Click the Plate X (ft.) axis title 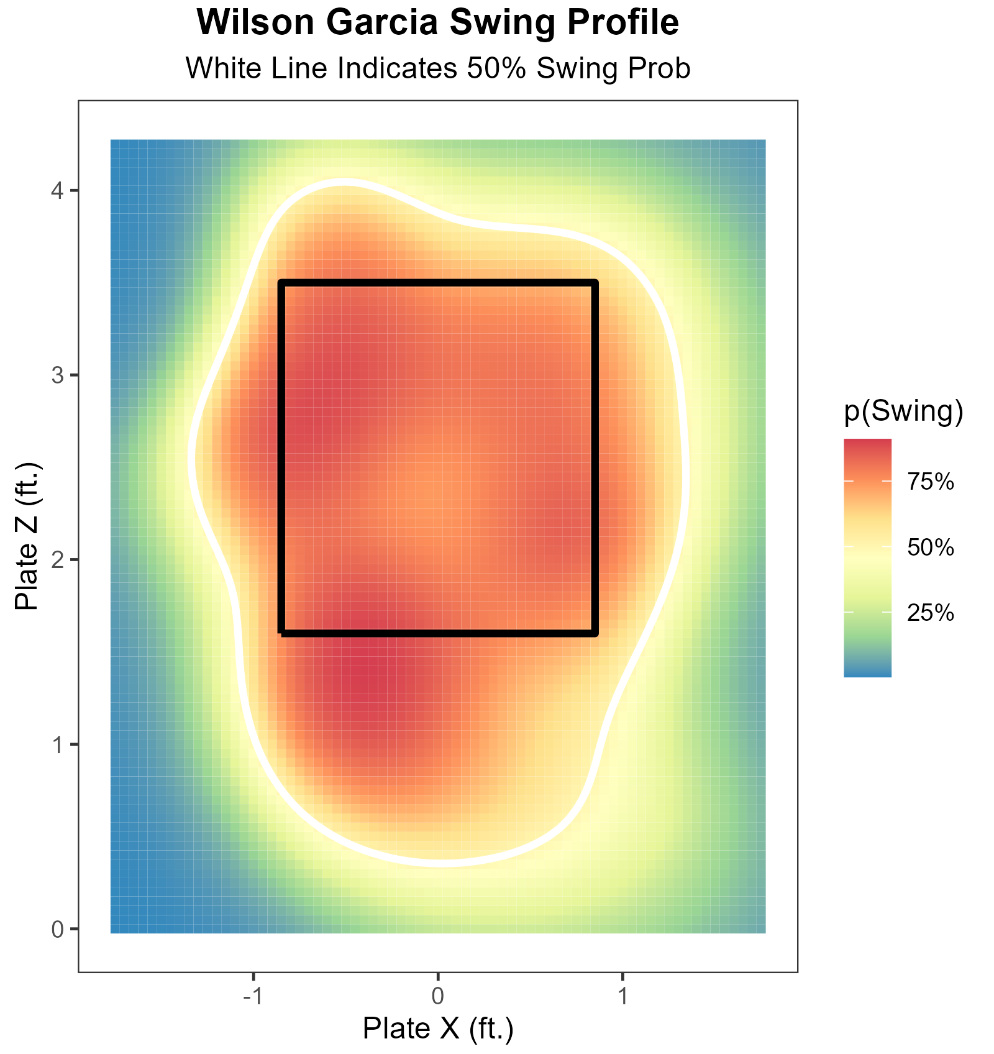tap(438, 1029)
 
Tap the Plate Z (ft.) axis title tap(27, 536)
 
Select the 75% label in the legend tap(930, 482)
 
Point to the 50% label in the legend tap(930, 548)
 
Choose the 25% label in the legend tap(930, 613)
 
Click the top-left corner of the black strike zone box tap(282, 283)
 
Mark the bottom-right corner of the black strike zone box tap(595, 633)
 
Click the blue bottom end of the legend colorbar tap(867, 672)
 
